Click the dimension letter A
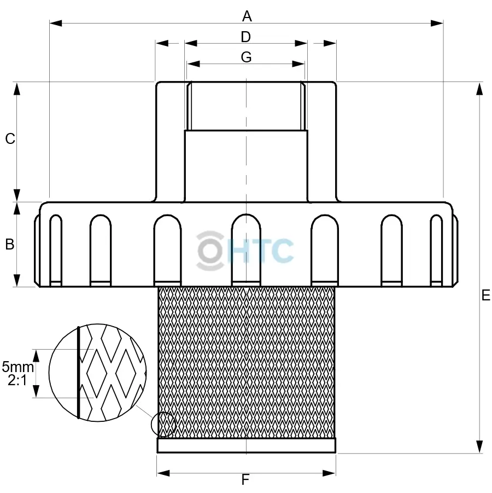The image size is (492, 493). pos(247,16)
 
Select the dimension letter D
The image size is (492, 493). pos(245,37)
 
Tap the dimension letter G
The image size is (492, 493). pos(246,57)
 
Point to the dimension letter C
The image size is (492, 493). pos(10,139)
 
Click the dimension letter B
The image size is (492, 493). pos(9,245)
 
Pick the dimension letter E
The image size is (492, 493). pos(485,295)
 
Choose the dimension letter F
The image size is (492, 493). pos(245,480)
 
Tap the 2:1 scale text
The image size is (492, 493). pos(17,380)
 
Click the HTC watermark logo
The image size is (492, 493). pos(245,250)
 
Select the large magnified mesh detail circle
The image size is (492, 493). pos(97,372)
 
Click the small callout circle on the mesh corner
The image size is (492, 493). pos(163,425)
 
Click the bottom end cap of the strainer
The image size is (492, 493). pos(247,445)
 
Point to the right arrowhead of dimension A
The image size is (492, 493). pos(437,23)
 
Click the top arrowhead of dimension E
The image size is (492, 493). pos(480,89)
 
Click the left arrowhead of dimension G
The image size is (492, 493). pos(193,63)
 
